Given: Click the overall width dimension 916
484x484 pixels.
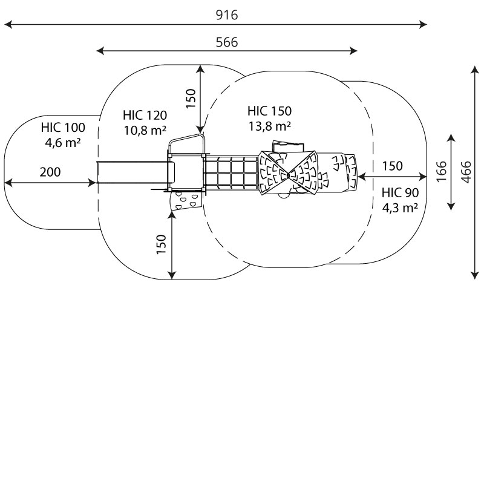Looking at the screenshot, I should click(227, 16).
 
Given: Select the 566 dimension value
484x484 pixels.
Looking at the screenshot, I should click(227, 42).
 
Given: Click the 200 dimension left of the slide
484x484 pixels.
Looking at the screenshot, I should click(50, 172).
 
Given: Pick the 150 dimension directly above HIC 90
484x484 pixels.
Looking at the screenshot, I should click(393, 166).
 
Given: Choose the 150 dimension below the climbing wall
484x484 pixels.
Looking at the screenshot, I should click(161, 244).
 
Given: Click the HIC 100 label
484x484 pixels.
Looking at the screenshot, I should click(63, 128).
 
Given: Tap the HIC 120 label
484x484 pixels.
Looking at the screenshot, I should click(145, 115).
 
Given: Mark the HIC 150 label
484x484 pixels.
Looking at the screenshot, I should click(269, 111).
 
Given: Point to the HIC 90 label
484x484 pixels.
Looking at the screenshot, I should click(401, 193).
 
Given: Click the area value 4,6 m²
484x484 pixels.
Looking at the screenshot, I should click(63, 143).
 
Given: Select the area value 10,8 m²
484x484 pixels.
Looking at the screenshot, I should click(145, 129).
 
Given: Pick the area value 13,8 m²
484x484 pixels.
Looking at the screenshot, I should click(269, 126).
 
